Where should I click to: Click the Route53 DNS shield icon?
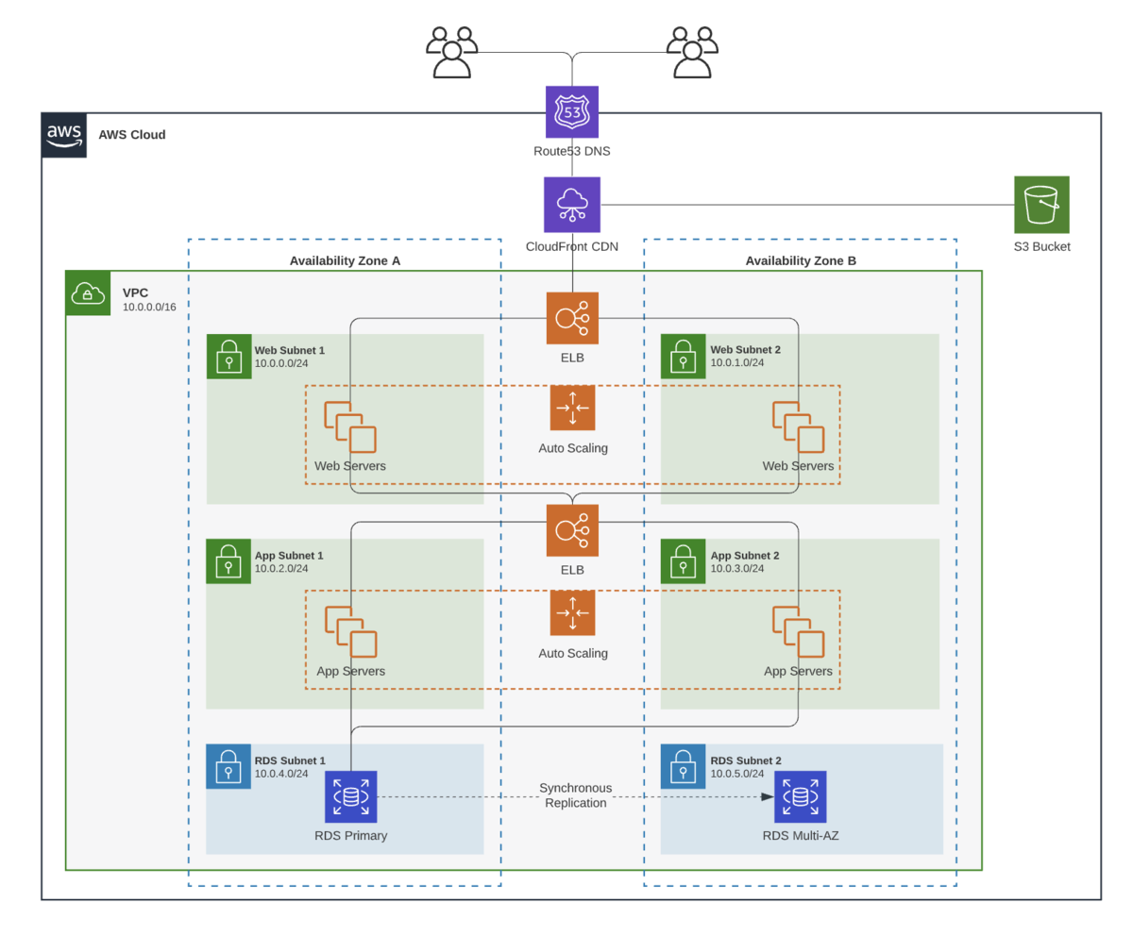571,112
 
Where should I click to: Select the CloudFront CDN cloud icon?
571,205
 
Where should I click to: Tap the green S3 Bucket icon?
1041,204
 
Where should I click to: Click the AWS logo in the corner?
64,135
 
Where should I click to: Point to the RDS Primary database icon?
350,796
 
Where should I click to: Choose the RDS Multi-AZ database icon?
800,796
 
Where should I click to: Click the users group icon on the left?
451,52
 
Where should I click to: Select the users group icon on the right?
692,52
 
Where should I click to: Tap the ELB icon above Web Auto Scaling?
571,318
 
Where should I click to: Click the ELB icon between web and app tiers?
571,530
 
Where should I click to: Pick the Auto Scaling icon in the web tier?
572,408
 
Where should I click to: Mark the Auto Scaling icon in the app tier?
572,613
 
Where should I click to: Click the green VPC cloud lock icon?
88,292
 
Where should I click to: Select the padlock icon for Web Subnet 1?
228,357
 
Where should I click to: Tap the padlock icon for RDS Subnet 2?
683,767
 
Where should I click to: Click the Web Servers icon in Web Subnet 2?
798,426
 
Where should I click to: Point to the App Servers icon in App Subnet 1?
350,631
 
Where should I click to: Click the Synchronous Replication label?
575,794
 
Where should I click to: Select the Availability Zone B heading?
801,260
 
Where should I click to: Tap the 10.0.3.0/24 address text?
736,568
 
